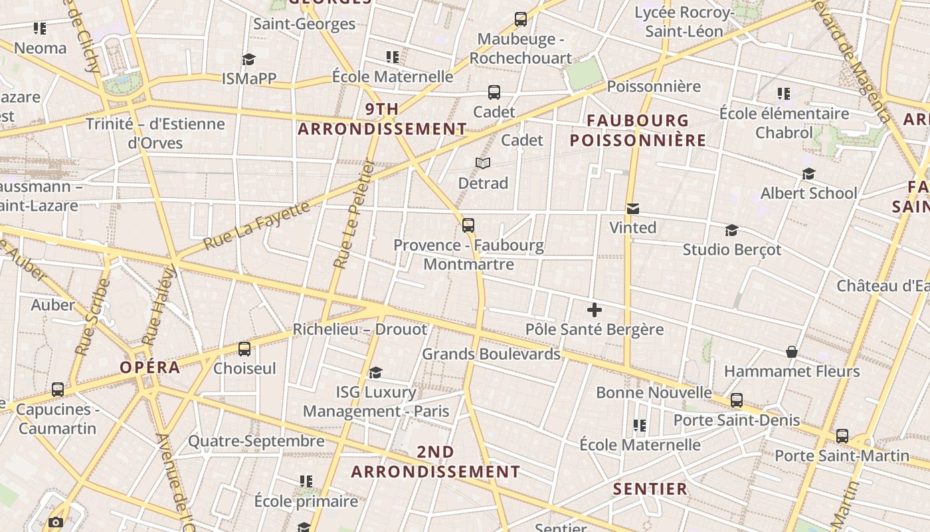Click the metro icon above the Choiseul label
click(x=244, y=348)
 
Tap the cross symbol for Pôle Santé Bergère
click(x=595, y=310)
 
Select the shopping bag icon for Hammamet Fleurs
click(x=792, y=352)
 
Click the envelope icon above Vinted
click(x=633, y=209)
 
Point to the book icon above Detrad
click(x=483, y=163)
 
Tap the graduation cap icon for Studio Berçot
click(x=731, y=230)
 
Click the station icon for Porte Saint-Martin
click(x=842, y=436)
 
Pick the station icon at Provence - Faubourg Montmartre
click(x=468, y=225)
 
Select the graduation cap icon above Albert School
click(x=808, y=174)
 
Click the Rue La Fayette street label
click(x=256, y=225)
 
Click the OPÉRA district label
click(x=150, y=367)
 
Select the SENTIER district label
click(x=650, y=489)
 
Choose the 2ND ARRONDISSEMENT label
click(x=436, y=462)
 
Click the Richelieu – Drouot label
click(x=360, y=329)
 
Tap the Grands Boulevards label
click(x=492, y=354)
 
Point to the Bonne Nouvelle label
click(x=654, y=392)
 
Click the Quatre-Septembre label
click(x=256, y=441)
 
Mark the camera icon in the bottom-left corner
click(x=56, y=523)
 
